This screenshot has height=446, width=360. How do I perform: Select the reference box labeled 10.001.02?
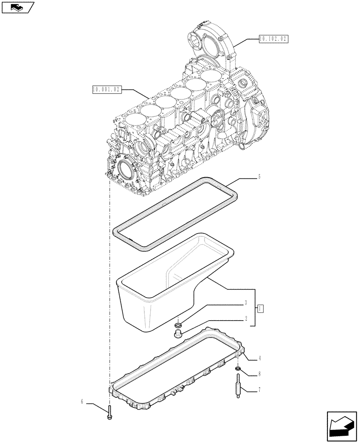(106, 90)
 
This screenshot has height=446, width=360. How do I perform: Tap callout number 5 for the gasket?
(258, 177)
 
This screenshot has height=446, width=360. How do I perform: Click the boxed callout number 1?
(261, 308)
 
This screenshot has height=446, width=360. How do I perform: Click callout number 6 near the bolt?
(82, 402)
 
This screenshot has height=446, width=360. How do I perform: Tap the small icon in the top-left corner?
(18, 7)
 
